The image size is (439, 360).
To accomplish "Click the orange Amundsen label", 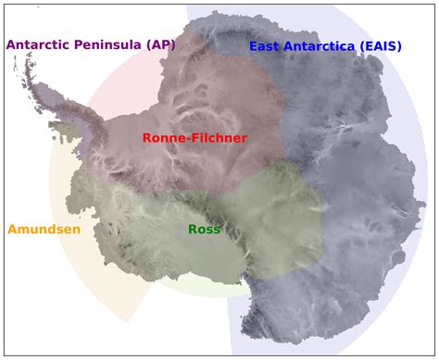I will (x=44, y=229).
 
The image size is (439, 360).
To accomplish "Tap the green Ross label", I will (x=204, y=229).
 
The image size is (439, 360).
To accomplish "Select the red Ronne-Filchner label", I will (x=194, y=138).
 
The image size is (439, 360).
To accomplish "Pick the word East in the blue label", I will (x=266, y=46).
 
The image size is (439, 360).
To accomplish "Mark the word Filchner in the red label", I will (x=220, y=138).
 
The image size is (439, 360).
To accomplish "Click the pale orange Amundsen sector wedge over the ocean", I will (x=102, y=278).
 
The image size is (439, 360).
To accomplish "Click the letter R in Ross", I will (x=193, y=229).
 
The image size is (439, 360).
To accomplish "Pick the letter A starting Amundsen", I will (x=13, y=229).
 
